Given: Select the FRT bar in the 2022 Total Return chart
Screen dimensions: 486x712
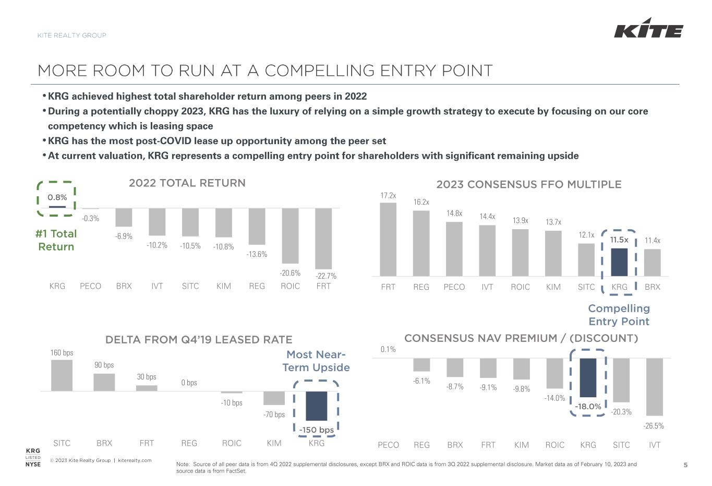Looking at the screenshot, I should click(323, 238).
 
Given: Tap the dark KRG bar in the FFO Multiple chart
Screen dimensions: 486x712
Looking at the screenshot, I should click(619, 262).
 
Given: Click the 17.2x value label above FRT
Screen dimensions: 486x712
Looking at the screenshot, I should click(388, 196).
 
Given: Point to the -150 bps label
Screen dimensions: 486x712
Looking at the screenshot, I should click(317, 430).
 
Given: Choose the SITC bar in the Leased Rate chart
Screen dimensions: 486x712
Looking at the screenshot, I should click(62, 375).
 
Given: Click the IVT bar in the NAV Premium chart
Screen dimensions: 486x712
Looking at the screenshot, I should click(655, 386).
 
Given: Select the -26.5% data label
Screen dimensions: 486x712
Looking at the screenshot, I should click(654, 426).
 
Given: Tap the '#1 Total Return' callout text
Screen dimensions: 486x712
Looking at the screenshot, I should click(56, 240).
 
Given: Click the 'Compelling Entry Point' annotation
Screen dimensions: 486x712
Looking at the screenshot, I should click(619, 315).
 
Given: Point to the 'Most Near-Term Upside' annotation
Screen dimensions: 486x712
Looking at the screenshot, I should click(316, 361).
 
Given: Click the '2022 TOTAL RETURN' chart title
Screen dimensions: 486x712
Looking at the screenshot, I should click(187, 183).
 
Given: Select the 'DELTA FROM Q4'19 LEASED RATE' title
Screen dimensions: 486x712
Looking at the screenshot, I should click(199, 340).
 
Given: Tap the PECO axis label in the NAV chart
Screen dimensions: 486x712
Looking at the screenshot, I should click(388, 445).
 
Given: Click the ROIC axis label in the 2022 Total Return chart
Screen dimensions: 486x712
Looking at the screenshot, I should click(290, 286).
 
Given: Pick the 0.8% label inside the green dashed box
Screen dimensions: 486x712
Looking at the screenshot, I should click(57, 197).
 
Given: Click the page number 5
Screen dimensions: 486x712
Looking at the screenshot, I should click(686, 465).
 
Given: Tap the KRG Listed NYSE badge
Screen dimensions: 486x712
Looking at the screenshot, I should click(33, 457).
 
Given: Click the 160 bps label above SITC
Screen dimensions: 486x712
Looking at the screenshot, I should click(62, 353).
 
